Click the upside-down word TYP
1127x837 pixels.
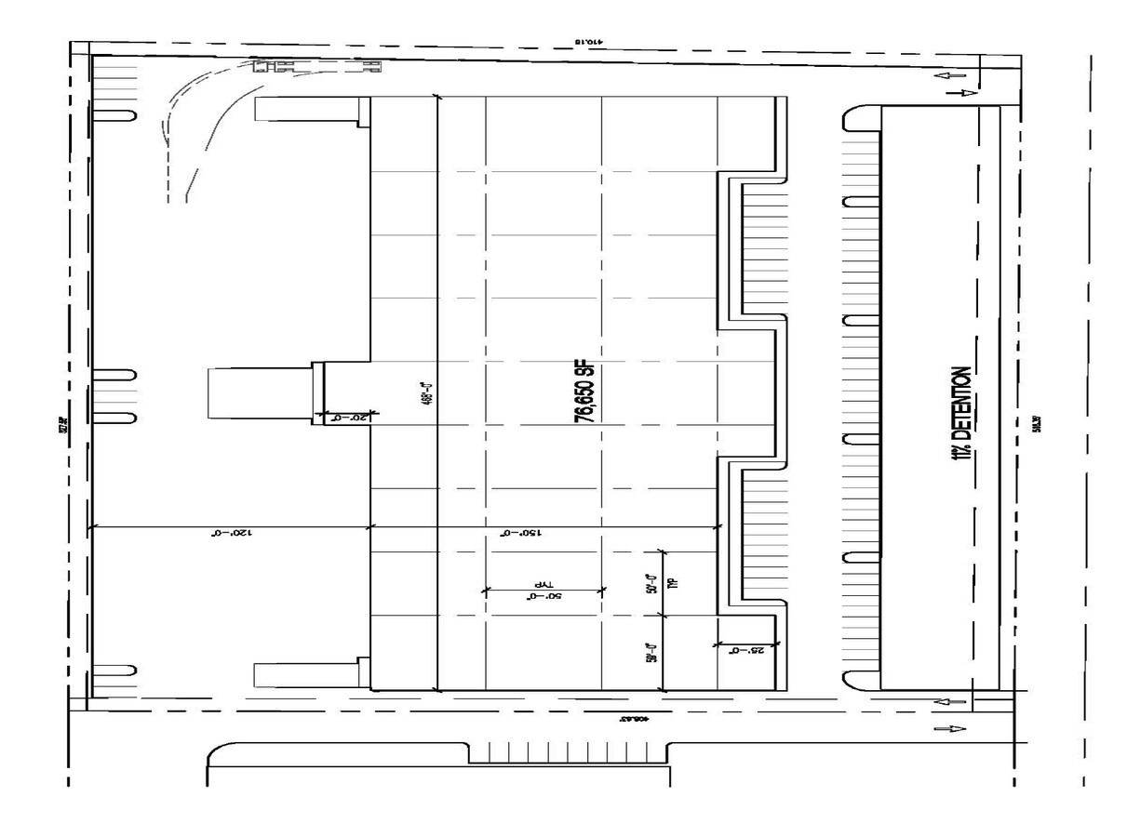coord(543,583)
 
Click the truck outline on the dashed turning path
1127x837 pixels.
coord(316,66)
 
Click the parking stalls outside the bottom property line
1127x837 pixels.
coord(567,752)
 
